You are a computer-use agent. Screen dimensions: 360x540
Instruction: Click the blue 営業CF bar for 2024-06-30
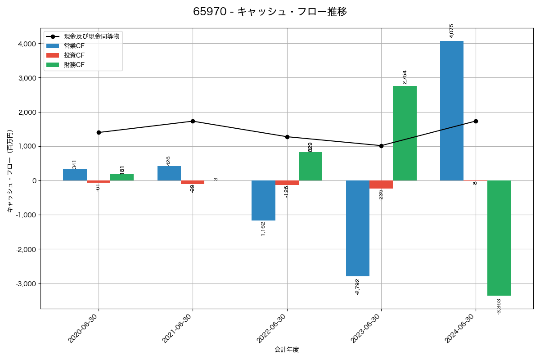coord(452,111)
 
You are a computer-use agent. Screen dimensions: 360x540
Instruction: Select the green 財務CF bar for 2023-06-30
coord(405,133)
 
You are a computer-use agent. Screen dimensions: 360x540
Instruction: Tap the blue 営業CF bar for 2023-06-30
coord(357,228)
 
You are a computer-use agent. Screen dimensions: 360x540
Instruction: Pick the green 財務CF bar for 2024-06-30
coord(499,238)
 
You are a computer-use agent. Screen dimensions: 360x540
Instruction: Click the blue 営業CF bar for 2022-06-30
coord(263,200)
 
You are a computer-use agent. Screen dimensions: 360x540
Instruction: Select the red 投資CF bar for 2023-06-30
coord(381,184)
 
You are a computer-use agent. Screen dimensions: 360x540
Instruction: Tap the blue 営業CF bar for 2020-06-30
coord(75,175)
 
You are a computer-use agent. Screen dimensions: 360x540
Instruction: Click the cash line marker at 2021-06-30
coord(193,121)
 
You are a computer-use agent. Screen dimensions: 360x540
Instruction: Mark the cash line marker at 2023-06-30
coord(381,146)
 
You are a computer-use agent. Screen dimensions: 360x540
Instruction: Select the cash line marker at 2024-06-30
coord(476,121)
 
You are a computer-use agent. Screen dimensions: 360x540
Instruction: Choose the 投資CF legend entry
coord(74,55)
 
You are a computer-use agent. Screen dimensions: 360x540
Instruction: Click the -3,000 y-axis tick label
coord(26,284)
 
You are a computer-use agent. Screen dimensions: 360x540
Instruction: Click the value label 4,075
coord(452,31)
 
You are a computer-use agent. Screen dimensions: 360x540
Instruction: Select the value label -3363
coord(499,306)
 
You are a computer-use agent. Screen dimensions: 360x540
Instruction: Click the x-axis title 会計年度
coord(287,350)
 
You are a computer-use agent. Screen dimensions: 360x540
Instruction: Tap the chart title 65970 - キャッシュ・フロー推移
coord(270,12)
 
